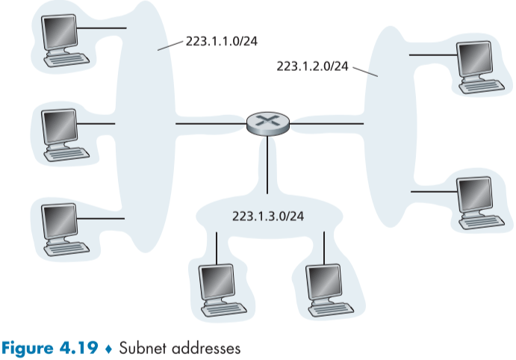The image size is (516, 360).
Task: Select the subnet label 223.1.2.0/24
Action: (312, 66)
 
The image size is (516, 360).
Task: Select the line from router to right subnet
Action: (327, 122)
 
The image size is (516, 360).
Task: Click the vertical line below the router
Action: (267, 164)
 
